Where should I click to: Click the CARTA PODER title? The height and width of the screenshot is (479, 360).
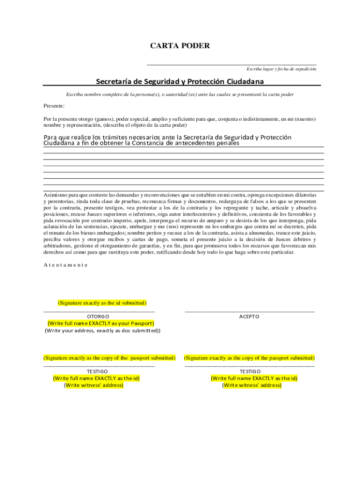[x=180, y=46]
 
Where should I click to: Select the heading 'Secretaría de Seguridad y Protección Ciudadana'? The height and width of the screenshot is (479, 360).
[x=180, y=81]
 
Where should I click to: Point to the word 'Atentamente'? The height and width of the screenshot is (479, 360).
[x=65, y=265]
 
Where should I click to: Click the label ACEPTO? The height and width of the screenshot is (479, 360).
[x=249, y=316]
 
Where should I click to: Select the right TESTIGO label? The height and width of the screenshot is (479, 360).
[x=250, y=371]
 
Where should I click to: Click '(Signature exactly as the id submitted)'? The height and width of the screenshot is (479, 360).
[x=102, y=303]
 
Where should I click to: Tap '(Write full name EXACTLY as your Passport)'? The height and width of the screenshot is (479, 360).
[x=101, y=323]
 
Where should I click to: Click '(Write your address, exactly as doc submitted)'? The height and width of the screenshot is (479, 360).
[x=102, y=331]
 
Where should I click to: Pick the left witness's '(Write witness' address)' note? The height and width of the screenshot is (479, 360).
[x=94, y=385]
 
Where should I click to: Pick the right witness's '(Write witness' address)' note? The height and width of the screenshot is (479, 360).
[x=252, y=385]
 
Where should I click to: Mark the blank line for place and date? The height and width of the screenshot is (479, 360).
[x=231, y=64]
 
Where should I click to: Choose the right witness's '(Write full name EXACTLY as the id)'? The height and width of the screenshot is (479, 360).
[x=254, y=378]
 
